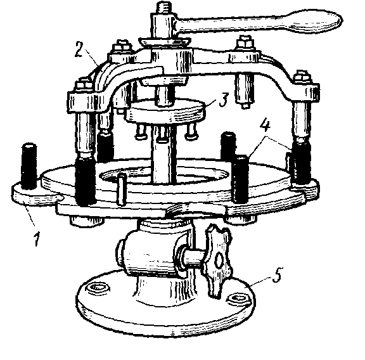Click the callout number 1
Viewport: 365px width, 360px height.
(x=37, y=239)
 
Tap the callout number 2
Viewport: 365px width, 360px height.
(x=79, y=49)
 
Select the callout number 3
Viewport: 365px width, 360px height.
(x=223, y=100)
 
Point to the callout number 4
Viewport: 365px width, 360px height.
(x=265, y=126)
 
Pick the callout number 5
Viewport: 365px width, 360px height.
(x=276, y=275)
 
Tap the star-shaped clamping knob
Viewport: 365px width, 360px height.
(x=217, y=260)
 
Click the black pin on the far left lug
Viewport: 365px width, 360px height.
(x=29, y=165)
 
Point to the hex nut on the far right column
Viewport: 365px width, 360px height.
(x=301, y=79)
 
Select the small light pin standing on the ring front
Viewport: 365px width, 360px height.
(x=121, y=189)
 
